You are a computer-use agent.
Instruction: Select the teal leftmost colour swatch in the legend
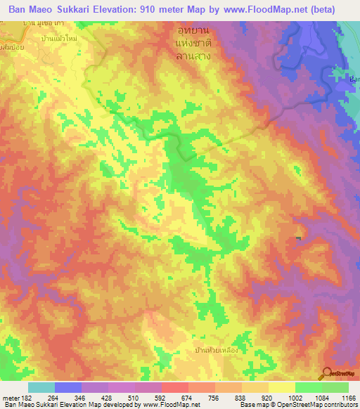(x=41, y=387)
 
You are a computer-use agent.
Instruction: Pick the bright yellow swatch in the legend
(x=282, y=387)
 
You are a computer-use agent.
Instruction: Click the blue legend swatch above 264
(x=68, y=387)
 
